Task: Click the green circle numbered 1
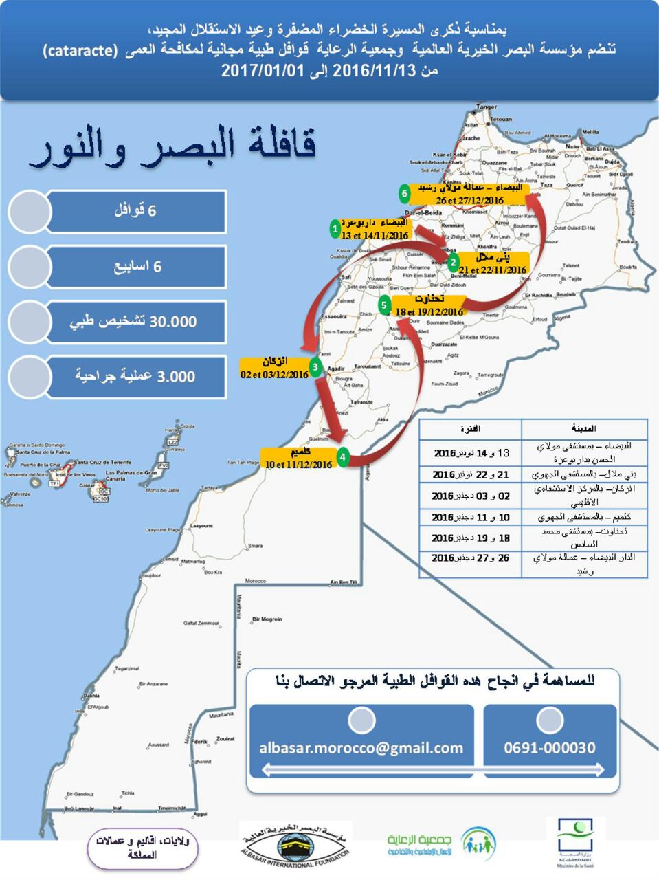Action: tap(335, 228)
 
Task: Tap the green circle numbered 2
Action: tap(453, 262)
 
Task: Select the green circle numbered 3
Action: tap(315, 367)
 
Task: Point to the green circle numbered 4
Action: tap(342, 456)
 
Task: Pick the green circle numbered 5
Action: tap(384, 304)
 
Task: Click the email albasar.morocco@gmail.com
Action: tap(361, 748)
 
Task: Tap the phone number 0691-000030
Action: tap(549, 748)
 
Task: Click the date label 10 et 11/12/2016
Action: tap(298, 465)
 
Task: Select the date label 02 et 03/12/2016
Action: tap(274, 375)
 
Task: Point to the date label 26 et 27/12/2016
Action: tap(470, 200)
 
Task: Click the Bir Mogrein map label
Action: tap(267, 619)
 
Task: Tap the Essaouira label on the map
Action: tap(335, 318)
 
